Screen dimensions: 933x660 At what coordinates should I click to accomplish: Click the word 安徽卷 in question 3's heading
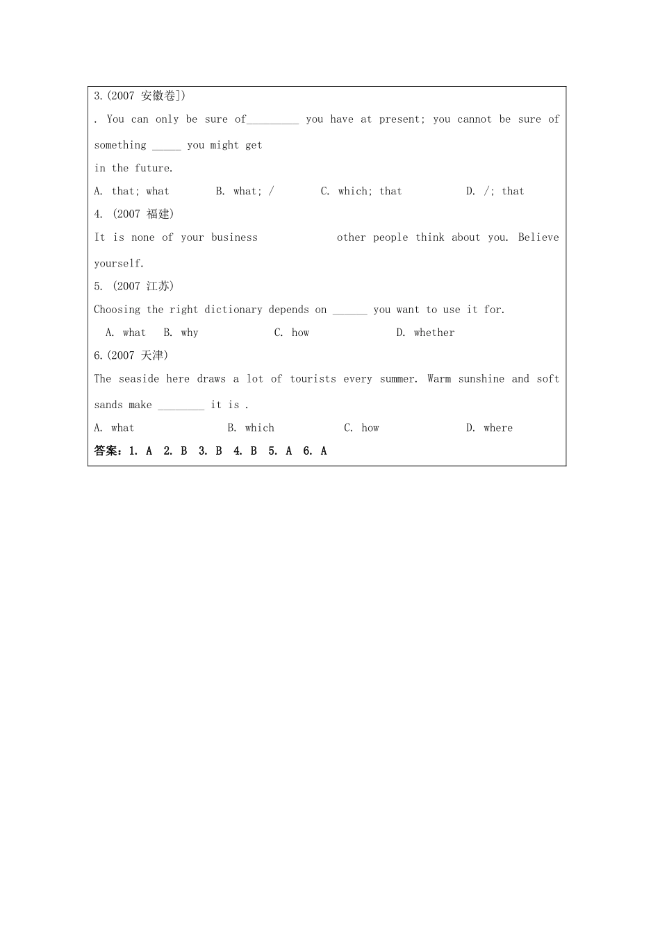[158, 96]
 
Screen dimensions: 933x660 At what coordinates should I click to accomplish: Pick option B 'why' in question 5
[181, 333]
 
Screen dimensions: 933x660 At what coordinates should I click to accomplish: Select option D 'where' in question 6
[489, 428]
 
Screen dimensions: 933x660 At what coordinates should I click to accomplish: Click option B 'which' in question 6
[251, 428]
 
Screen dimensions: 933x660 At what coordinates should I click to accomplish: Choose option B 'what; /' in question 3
[245, 191]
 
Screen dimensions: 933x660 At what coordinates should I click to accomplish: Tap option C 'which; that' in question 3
[361, 191]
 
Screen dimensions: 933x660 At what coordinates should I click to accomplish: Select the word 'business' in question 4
[234, 237]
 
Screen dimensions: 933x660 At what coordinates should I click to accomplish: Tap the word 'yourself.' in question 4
[119, 264]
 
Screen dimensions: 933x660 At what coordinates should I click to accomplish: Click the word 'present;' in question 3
[402, 119]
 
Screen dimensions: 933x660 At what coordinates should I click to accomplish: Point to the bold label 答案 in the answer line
[107, 451]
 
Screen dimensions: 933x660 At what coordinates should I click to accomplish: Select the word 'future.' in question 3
[154, 168]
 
